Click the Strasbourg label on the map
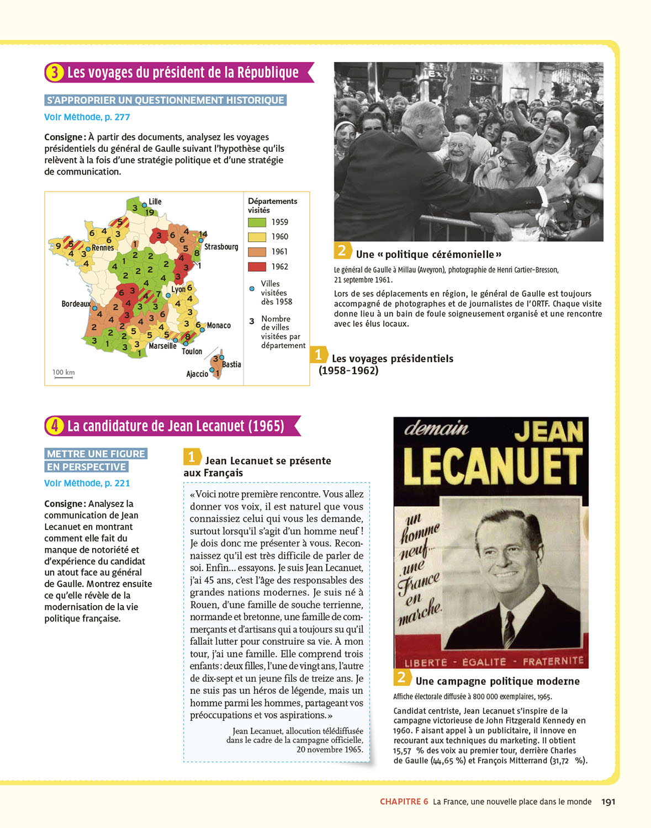[221, 247]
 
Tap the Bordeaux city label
[76, 304]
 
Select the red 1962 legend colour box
[257, 267]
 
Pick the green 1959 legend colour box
[257, 222]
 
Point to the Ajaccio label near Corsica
[197, 374]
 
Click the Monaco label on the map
[219, 326]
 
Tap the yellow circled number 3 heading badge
[54, 72]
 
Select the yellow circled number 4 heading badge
[54, 426]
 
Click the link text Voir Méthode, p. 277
[87, 117]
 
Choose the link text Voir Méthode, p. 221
[87, 483]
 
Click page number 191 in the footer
[608, 802]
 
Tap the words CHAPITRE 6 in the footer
[404, 802]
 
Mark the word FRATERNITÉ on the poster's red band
[553, 661]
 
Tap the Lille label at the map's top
[155, 201]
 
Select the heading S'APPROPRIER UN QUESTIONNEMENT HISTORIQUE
[166, 100]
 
